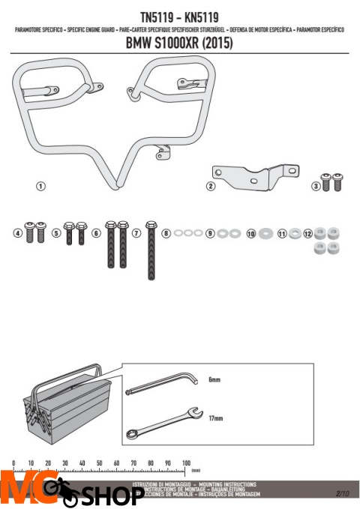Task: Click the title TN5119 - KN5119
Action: pos(179,14)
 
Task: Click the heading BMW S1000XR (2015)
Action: pos(179,43)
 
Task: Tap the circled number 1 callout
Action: pos(42,185)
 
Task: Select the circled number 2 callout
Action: pos(211,186)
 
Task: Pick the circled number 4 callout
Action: pos(18,233)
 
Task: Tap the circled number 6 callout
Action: pos(96,233)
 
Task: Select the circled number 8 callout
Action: pos(166,233)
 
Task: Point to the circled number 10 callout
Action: pos(251,233)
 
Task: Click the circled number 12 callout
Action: pos(307,233)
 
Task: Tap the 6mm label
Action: pos(214,380)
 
